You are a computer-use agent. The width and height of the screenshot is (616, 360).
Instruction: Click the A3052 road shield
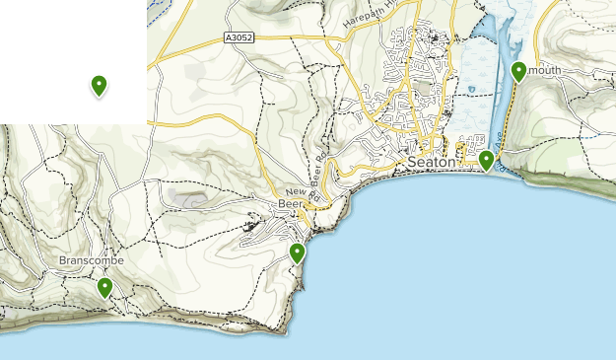(238, 38)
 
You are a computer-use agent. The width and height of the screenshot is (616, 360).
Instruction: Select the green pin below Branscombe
(104, 288)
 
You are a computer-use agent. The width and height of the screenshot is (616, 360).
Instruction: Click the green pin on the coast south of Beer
(298, 253)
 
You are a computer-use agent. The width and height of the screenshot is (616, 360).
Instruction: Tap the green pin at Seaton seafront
(486, 160)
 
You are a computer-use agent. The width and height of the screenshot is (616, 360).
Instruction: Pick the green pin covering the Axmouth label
(519, 71)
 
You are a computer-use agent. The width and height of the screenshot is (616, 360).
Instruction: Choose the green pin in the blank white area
(99, 86)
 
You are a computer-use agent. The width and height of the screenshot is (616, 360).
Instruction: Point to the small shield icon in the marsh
(473, 89)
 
